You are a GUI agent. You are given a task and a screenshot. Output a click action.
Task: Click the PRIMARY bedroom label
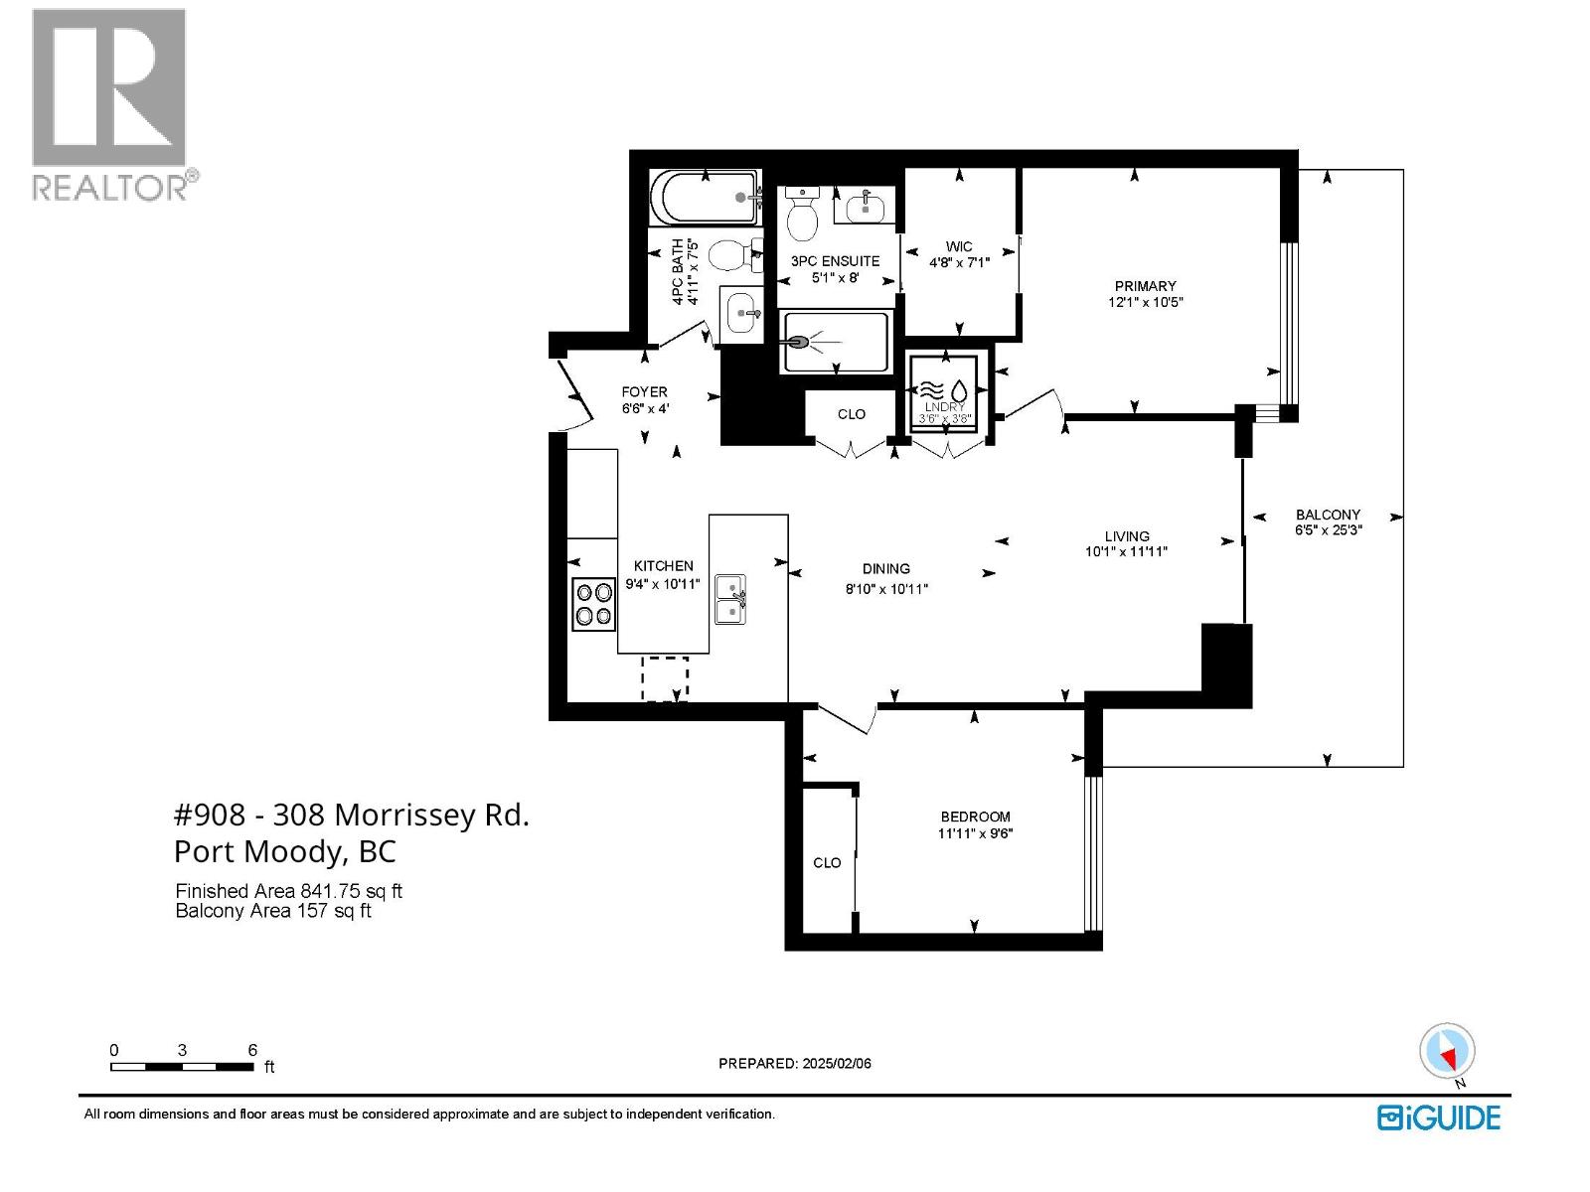1145,286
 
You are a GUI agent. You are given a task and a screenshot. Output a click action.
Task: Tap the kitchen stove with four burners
593,604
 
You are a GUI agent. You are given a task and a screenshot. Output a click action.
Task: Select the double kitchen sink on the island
731,600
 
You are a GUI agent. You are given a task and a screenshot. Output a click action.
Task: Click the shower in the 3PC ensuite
835,343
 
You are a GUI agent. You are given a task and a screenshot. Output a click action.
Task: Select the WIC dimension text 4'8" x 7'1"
959,263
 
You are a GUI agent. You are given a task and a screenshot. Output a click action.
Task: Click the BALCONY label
1328,515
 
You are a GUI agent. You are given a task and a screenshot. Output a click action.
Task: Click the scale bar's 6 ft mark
252,1051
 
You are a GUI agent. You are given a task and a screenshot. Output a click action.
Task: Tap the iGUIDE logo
1438,1117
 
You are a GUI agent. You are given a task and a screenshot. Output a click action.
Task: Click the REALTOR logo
109,104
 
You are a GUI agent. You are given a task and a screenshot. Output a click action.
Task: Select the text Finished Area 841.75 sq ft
288,892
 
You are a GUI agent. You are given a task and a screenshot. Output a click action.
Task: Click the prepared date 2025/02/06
835,1063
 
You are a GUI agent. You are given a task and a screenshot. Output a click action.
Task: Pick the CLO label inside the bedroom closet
827,862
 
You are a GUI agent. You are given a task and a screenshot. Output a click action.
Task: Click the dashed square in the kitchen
665,678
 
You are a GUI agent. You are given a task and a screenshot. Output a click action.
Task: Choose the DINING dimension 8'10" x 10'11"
885,588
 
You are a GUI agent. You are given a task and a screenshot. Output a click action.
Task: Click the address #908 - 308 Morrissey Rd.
351,815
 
